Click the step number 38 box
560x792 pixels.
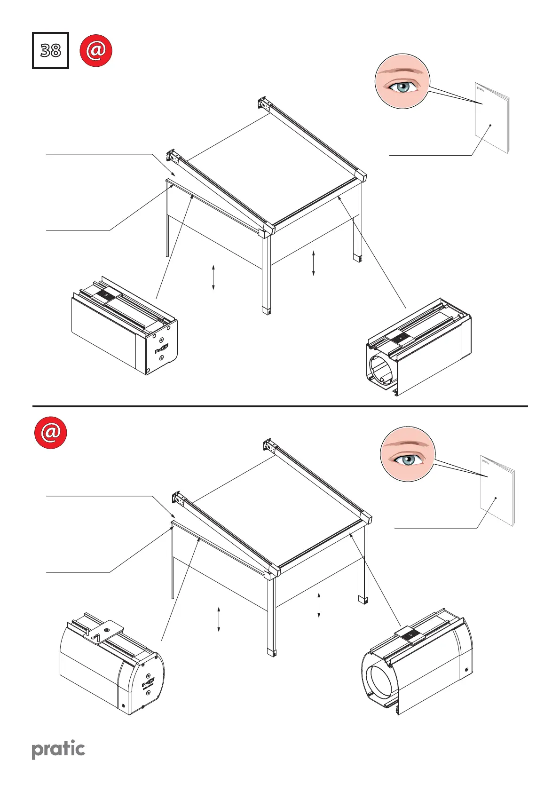coord(50,50)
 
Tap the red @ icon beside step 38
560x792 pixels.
coord(96,50)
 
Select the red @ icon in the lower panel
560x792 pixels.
coord(50,432)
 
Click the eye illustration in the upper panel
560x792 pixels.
coord(402,81)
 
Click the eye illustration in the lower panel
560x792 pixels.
coord(408,454)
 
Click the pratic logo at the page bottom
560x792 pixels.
coord(58,750)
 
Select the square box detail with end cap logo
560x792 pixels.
coord(125,326)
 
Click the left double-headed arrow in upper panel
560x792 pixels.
coord(213,277)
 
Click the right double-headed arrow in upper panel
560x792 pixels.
coord(314,263)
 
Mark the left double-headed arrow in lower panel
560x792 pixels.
coord(219,619)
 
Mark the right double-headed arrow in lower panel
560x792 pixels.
coord(319,605)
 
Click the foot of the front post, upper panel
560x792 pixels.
coord(266,310)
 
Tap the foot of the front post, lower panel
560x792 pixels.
coord(272,652)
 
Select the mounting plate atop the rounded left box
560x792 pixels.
coord(107,627)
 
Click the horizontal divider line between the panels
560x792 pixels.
coord(280,406)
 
